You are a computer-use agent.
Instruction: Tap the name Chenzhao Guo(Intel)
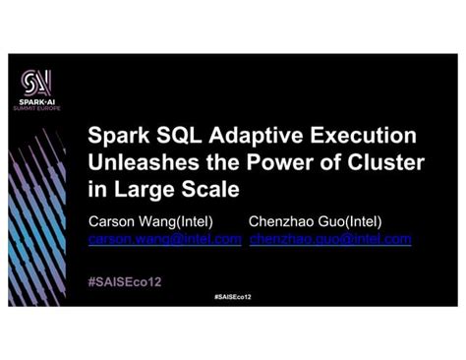click(316, 220)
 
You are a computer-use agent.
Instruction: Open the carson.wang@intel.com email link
click(165, 239)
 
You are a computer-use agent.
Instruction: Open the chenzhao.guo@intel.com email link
click(330, 239)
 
